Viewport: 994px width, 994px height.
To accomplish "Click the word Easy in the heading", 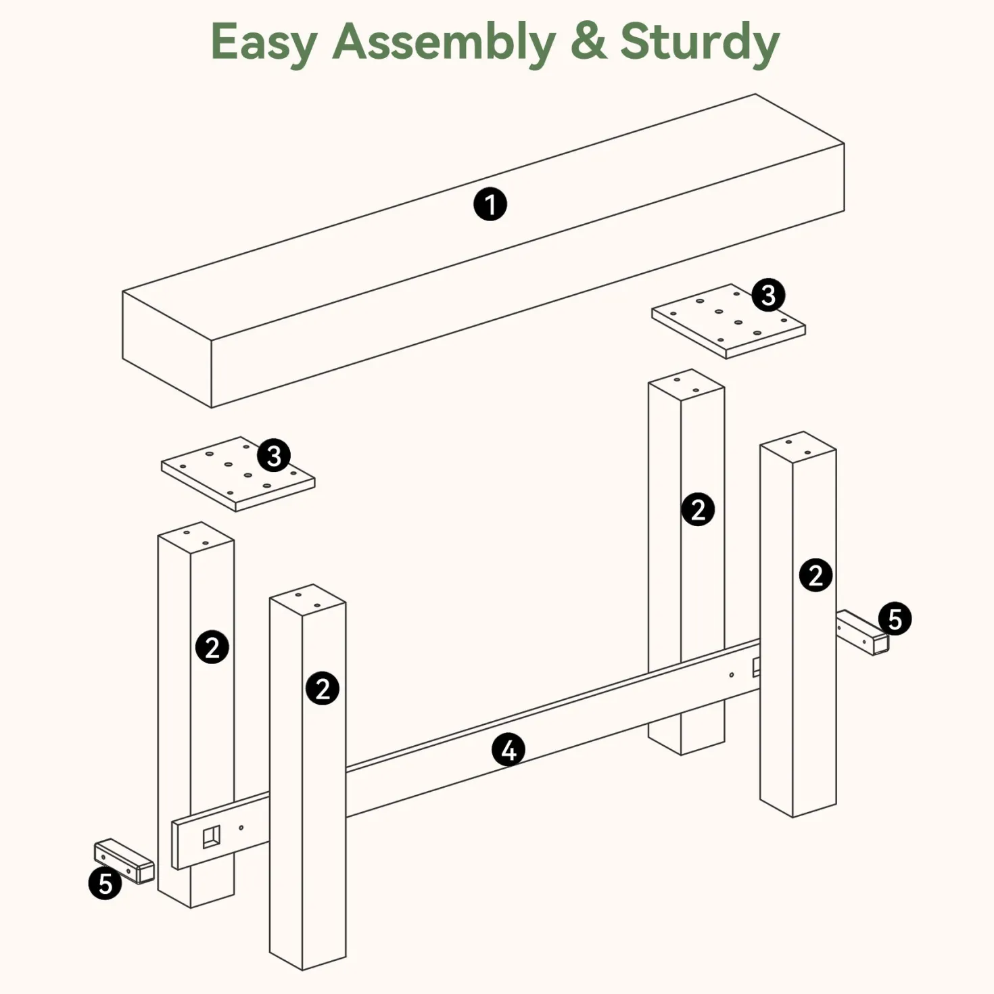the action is (x=264, y=43).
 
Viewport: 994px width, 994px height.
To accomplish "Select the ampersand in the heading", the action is (x=588, y=41).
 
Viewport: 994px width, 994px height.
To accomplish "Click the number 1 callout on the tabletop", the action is (x=490, y=204).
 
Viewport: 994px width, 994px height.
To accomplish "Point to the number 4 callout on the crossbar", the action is (x=508, y=749).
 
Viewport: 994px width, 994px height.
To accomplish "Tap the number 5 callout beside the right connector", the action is (x=895, y=619).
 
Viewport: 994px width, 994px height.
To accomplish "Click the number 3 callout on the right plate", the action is (x=768, y=295).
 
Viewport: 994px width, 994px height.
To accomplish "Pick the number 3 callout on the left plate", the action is (x=273, y=455).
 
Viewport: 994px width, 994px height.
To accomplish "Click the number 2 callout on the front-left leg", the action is (x=323, y=688).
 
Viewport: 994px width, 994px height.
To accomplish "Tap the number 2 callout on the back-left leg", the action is (x=212, y=646).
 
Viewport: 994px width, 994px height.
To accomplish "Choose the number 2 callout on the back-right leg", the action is (x=698, y=509).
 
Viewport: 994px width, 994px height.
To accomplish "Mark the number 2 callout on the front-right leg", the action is (x=815, y=575).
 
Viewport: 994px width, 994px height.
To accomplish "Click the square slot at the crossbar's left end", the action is (x=211, y=836).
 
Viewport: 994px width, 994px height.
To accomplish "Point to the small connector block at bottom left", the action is (x=124, y=860).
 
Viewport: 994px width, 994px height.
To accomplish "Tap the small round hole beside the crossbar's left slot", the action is (x=241, y=828).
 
